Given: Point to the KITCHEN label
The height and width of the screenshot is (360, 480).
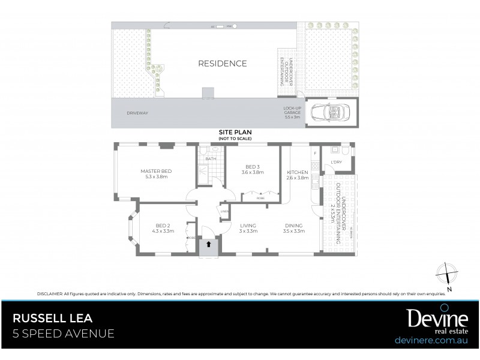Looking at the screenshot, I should click(x=297, y=175).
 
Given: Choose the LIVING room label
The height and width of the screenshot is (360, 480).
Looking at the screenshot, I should click(x=248, y=227).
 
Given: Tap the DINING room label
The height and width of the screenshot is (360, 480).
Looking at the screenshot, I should click(x=295, y=227).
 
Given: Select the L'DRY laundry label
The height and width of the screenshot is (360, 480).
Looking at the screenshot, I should click(x=336, y=163).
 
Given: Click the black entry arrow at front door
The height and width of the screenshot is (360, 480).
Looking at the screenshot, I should click(x=209, y=244).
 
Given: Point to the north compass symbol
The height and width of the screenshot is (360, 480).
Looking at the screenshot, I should click(x=448, y=275).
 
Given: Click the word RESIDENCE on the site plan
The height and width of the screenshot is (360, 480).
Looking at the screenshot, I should click(x=223, y=63).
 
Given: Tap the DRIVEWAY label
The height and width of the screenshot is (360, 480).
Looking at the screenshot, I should click(x=137, y=112).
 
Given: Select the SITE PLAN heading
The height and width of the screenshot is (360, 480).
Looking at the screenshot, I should click(x=235, y=134).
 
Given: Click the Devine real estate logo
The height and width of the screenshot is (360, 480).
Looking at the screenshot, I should click(x=429, y=321).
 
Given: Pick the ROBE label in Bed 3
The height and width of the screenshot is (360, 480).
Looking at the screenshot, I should click(x=260, y=196).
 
